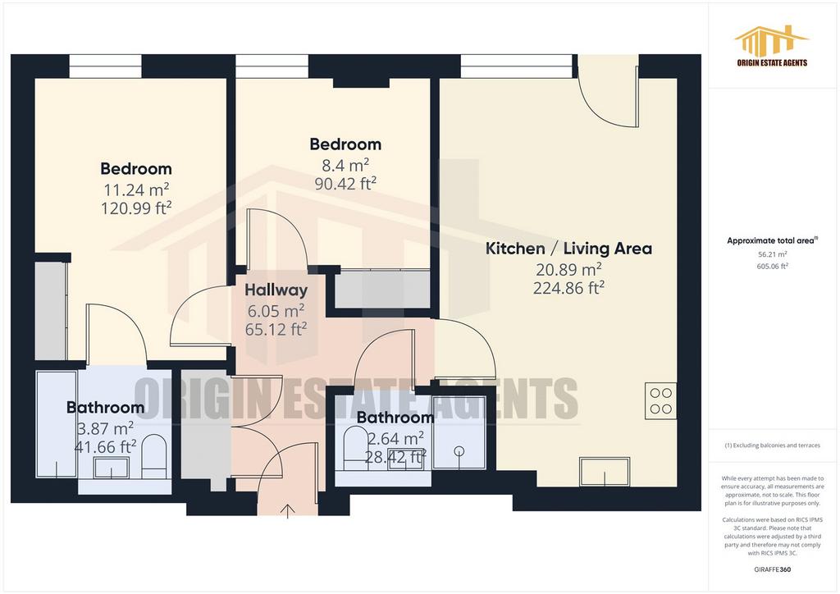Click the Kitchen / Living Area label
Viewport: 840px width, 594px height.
[x=568, y=249]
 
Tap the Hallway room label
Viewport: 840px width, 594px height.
[x=276, y=290]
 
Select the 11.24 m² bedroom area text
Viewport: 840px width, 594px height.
[x=136, y=190]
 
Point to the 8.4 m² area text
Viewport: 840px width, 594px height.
[x=345, y=165]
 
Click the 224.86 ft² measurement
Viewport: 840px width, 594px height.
[x=568, y=288]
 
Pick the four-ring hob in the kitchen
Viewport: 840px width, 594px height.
[x=660, y=401]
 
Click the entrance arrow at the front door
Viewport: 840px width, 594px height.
[x=288, y=511]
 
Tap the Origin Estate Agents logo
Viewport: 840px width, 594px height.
[x=772, y=46]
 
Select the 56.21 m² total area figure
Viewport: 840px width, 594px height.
[x=772, y=255]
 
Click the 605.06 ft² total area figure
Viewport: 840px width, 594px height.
[x=772, y=266]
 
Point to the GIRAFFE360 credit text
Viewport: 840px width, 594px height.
[x=772, y=569]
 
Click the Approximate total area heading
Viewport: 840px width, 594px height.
[x=772, y=241]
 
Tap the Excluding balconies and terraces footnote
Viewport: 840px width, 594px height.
[x=772, y=445]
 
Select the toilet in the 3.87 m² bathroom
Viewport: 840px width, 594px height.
[x=155, y=456]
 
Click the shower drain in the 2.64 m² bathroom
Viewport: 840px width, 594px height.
[x=459, y=451]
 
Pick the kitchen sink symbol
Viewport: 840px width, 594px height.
[x=605, y=472]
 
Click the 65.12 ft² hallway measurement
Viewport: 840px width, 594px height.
[x=276, y=329]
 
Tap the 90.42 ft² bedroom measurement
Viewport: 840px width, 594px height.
[x=345, y=184]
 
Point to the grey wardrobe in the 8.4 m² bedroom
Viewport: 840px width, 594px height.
[x=382, y=290]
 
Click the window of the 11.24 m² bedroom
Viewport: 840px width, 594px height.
[x=106, y=66]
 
